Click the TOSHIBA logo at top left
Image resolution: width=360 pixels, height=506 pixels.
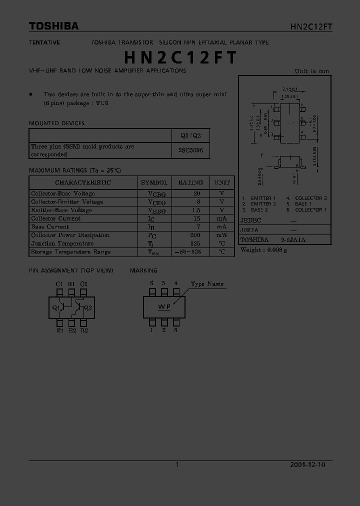[53, 26]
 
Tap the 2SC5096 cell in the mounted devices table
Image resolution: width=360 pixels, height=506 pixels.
[190, 150]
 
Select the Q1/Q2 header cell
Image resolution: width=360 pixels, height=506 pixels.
[190, 136]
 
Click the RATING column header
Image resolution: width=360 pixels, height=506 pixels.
[190, 182]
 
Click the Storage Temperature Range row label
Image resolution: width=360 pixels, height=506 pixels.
[70, 252]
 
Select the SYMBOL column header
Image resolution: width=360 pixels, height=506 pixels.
[154, 182]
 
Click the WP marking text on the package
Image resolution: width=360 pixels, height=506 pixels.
[164, 307]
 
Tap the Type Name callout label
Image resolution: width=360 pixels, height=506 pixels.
[207, 284]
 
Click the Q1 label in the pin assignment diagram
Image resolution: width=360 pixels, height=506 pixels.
[55, 308]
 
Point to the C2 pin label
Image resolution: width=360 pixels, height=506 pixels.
[83, 284]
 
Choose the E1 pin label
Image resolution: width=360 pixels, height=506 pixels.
[59, 330]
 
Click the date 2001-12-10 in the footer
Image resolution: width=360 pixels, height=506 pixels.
[307, 464]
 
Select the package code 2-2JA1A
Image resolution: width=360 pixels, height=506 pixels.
[293, 240]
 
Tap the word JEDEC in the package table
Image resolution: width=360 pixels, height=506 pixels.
[251, 220]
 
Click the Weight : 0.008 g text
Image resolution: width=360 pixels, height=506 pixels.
[263, 250]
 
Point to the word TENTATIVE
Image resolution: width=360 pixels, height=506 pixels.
[44, 42]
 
